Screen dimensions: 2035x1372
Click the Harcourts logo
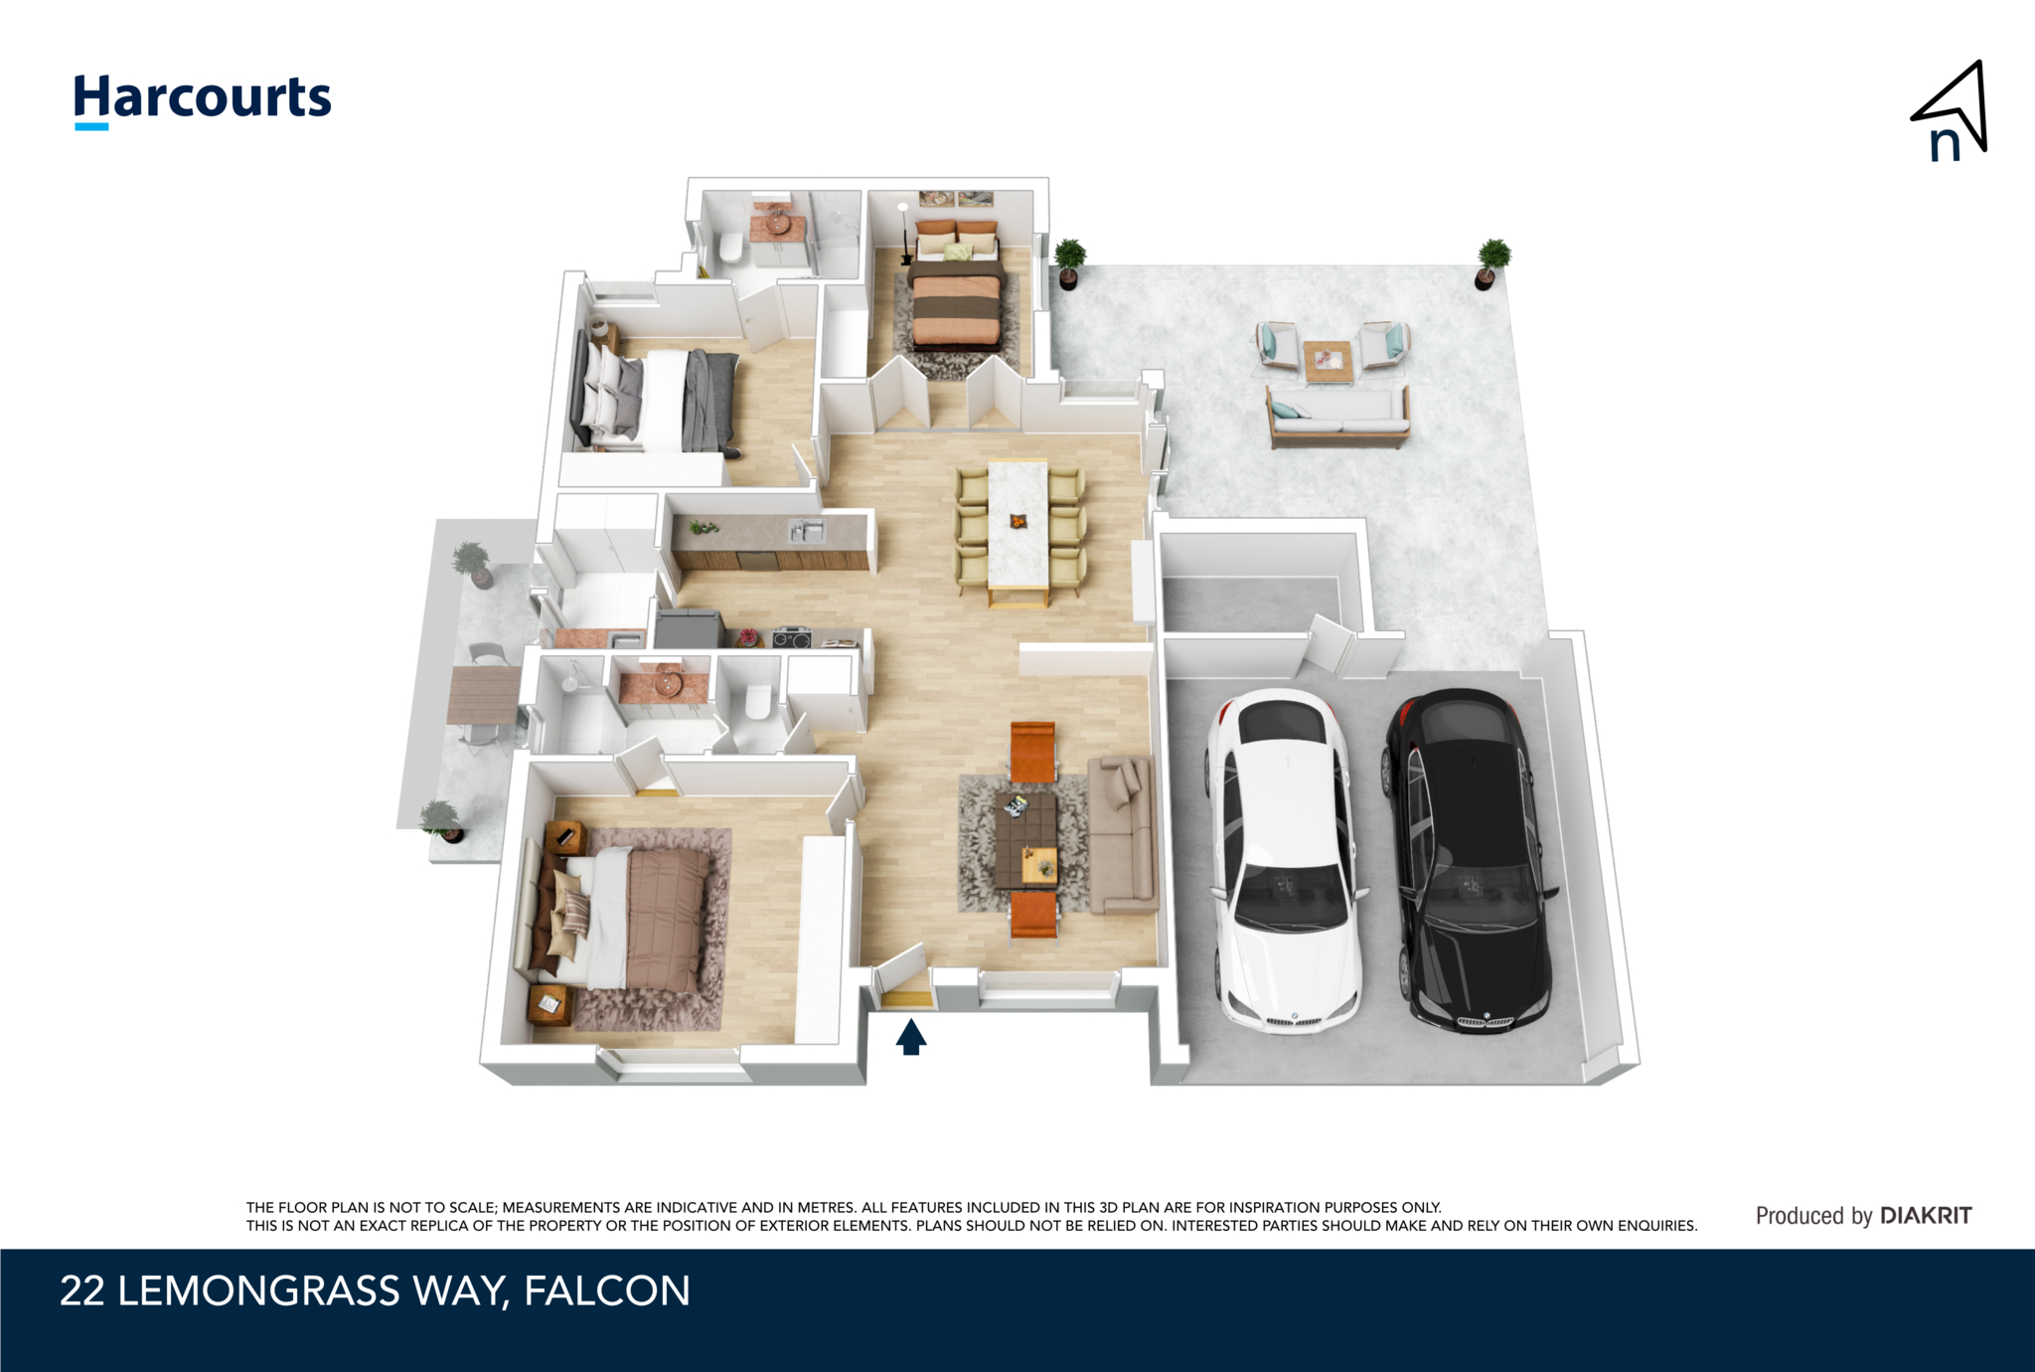click(x=203, y=100)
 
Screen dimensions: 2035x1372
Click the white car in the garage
click(x=1284, y=860)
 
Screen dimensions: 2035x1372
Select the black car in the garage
click(x=1467, y=860)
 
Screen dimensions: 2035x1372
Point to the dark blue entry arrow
click(x=911, y=1037)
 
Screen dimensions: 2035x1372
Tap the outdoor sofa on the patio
click(x=1337, y=417)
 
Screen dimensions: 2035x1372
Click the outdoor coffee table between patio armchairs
click(x=1329, y=361)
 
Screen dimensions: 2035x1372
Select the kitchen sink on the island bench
click(x=807, y=531)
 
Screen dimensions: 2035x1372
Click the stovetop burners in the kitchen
click(x=792, y=637)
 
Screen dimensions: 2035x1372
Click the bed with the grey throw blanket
click(x=655, y=398)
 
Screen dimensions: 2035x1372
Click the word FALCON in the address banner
click(x=607, y=1291)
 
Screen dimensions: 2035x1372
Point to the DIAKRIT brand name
click(x=1926, y=1215)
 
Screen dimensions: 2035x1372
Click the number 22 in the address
click(x=81, y=1291)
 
